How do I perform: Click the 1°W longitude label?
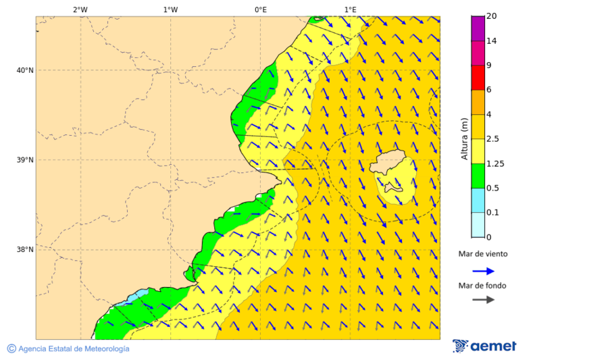pyautogui.click(x=170, y=9)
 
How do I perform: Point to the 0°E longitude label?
pyautogui.click(x=260, y=9)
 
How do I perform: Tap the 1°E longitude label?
pyautogui.click(x=350, y=9)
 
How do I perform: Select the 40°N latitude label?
pyautogui.click(x=25, y=70)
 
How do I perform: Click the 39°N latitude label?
pyautogui.click(x=25, y=160)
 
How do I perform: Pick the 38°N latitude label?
pyautogui.click(x=25, y=250)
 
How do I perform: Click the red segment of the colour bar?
pyautogui.click(x=478, y=77)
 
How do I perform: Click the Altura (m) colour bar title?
pyautogui.click(x=464, y=138)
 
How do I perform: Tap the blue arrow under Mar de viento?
pyautogui.click(x=483, y=271)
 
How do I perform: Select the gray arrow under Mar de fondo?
pyautogui.click(x=483, y=300)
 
